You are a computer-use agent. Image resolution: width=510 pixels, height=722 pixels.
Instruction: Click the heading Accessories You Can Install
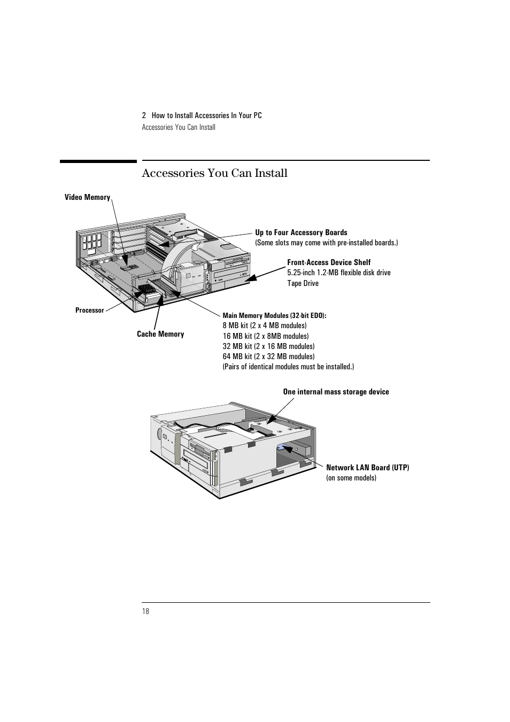click(x=214, y=173)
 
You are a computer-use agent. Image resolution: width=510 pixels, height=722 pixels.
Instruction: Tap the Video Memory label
click(x=87, y=197)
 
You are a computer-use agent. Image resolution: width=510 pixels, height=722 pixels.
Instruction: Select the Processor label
click(x=89, y=310)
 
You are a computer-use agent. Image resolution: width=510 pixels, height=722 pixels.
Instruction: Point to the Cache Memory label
click(x=160, y=334)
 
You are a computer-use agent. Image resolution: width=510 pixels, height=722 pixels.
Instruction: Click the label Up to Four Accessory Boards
click(x=301, y=232)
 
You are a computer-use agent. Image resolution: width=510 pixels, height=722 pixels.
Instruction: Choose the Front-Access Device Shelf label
click(x=329, y=262)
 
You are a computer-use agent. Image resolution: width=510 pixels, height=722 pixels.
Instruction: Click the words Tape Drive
click(x=303, y=283)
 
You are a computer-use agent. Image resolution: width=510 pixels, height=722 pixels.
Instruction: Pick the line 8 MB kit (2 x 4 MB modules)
click(x=265, y=325)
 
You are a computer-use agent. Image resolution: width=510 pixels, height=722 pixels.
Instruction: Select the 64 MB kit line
click(x=268, y=356)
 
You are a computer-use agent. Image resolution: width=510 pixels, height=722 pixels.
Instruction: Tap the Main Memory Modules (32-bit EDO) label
click(x=274, y=315)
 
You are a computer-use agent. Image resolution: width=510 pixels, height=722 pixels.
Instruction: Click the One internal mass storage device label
click(x=336, y=392)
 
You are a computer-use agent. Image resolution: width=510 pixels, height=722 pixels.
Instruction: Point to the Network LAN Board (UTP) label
click(x=367, y=468)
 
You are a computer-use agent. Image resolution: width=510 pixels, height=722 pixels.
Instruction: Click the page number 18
click(x=145, y=611)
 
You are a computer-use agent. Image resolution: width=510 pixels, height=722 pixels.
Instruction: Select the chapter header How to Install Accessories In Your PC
click(x=206, y=115)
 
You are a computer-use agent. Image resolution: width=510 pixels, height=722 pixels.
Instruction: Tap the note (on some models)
click(x=351, y=478)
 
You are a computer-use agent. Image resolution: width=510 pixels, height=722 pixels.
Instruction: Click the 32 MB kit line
click(x=268, y=346)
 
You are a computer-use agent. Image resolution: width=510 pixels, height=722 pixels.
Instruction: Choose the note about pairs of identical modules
click(x=288, y=367)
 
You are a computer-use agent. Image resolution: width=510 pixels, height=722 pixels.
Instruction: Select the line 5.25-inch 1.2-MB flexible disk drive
click(x=339, y=273)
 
